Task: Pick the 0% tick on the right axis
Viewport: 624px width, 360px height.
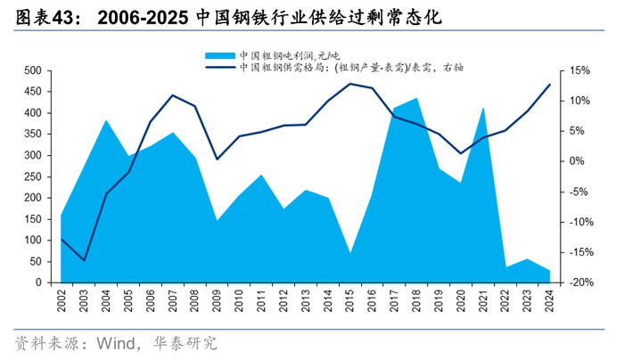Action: [584, 161]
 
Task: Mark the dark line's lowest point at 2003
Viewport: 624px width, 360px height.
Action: [84, 260]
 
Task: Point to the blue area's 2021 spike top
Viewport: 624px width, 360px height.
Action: [482, 109]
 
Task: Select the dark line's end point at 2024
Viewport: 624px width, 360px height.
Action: [549, 85]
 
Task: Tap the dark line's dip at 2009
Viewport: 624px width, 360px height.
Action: [217, 160]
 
